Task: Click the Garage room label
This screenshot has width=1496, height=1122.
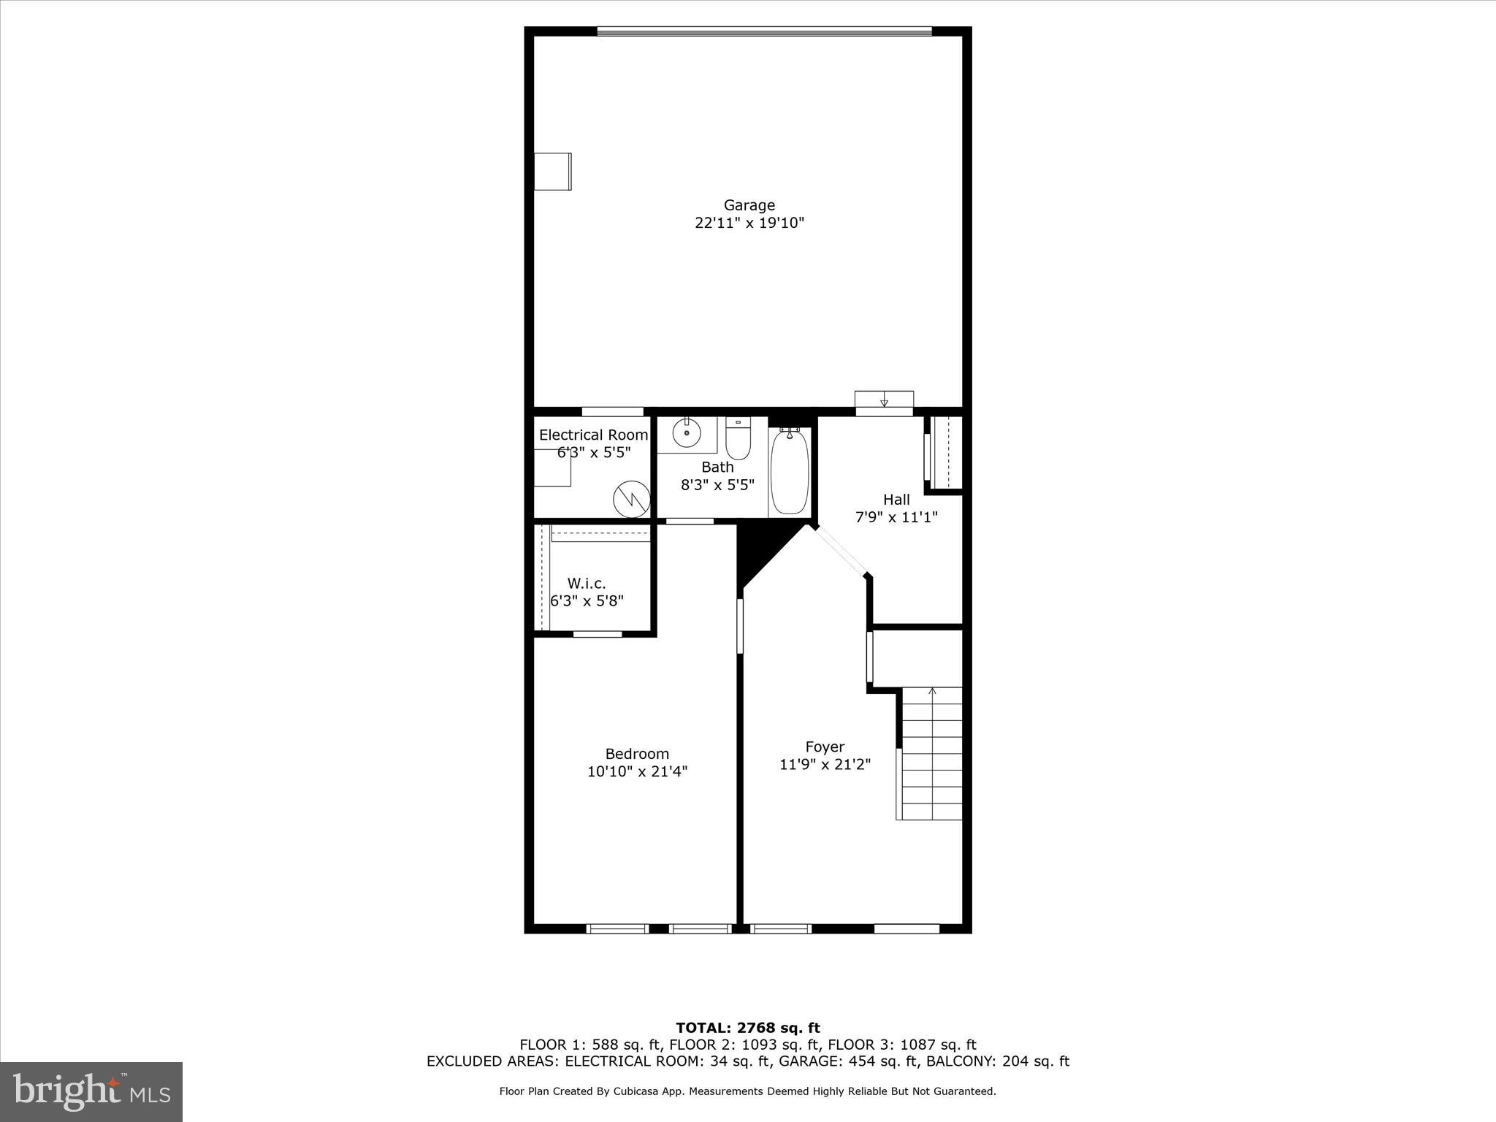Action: point(749,205)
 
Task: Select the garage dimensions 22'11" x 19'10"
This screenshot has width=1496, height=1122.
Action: point(749,224)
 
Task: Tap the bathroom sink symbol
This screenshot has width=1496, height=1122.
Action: point(687,433)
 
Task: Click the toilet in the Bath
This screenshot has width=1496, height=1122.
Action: point(738,438)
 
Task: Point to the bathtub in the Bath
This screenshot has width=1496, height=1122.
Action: point(790,471)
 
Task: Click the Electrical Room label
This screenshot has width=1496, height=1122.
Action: point(593,435)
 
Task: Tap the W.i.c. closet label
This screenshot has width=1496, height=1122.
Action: point(587,584)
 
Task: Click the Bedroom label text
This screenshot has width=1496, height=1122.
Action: point(637,754)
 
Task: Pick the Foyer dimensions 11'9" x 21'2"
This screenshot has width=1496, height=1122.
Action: point(825,765)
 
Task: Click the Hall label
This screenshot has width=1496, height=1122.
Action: point(896,500)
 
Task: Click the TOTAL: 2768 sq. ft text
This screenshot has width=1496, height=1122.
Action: point(748,1028)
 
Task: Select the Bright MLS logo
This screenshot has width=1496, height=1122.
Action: point(91,1091)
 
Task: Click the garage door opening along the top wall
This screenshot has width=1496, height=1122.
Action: point(764,31)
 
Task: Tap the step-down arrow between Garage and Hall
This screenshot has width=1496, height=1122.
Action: point(884,400)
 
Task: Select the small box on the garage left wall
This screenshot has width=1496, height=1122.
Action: point(552,172)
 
